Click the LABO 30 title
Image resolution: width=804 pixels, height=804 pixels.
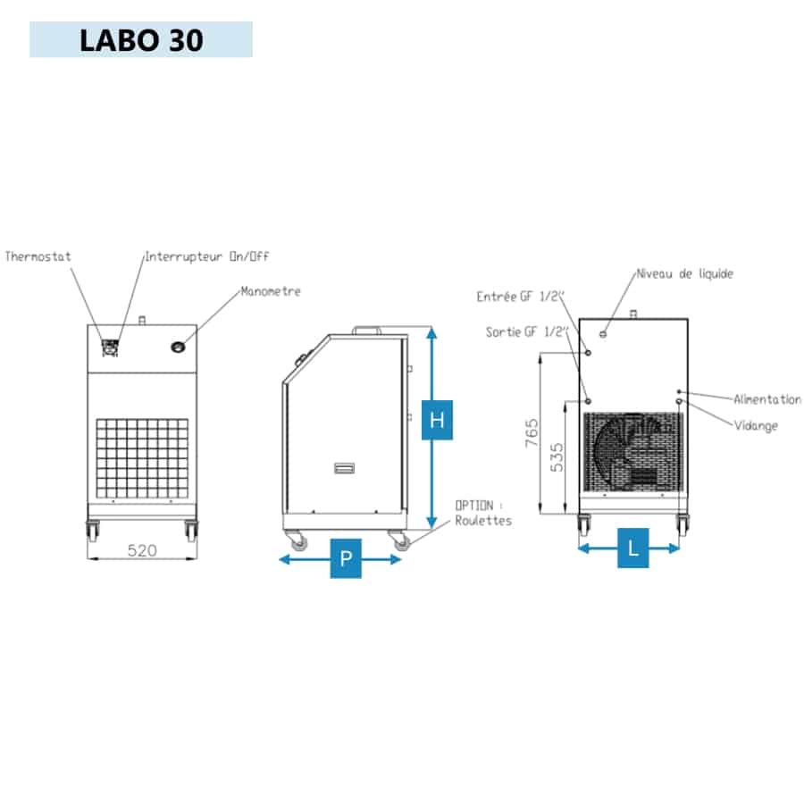pos(141,40)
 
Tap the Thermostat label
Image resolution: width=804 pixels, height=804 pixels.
pos(38,256)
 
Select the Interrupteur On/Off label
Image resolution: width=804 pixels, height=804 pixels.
pos(207,256)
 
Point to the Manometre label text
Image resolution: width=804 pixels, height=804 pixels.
pos(271,291)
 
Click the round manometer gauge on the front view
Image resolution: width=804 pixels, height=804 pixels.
pos(178,348)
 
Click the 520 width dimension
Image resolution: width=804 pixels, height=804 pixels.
pos(142,550)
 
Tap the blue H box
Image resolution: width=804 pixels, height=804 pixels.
pos(437,420)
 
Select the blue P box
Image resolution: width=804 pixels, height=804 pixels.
pos(346,558)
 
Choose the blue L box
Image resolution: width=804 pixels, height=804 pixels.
pos(632,549)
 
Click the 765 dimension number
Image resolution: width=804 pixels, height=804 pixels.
pos(532,432)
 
